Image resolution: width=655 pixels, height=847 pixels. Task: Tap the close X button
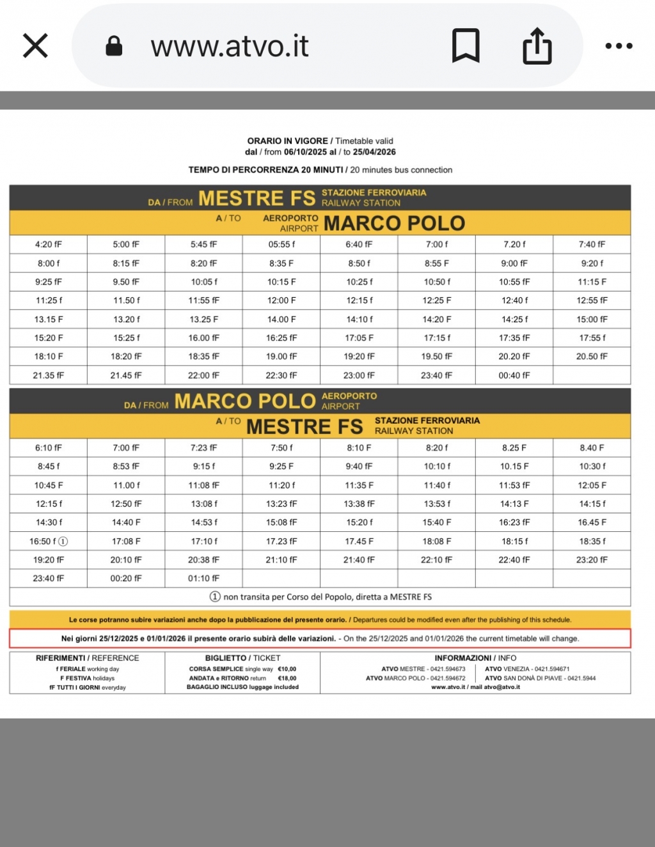click(x=35, y=46)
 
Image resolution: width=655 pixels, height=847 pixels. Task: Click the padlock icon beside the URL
click(x=114, y=46)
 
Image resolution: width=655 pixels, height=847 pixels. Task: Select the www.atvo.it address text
click(x=230, y=46)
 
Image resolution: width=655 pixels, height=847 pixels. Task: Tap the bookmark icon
click(x=466, y=46)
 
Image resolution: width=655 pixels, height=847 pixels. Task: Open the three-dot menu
click(x=619, y=46)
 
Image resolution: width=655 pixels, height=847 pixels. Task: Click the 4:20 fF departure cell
click(x=49, y=244)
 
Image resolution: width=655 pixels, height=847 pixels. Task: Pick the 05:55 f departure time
click(x=281, y=244)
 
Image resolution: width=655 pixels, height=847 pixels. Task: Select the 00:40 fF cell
click(x=514, y=375)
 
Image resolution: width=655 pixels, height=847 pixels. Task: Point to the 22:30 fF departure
click(x=281, y=375)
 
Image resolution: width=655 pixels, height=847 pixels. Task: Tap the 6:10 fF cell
click(x=49, y=448)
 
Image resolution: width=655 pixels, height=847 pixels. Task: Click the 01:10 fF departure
click(x=203, y=579)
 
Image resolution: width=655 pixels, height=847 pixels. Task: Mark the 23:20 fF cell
click(x=592, y=560)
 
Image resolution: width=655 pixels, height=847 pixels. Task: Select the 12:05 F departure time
click(x=592, y=485)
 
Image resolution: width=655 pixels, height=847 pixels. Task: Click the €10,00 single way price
click(x=287, y=669)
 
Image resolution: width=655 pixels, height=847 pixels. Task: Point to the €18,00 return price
click(x=287, y=678)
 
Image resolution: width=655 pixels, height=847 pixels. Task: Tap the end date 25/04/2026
click(x=374, y=152)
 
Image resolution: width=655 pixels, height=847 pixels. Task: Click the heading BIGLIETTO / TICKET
click(x=242, y=658)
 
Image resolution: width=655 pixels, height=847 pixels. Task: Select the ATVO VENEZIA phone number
click(x=552, y=669)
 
